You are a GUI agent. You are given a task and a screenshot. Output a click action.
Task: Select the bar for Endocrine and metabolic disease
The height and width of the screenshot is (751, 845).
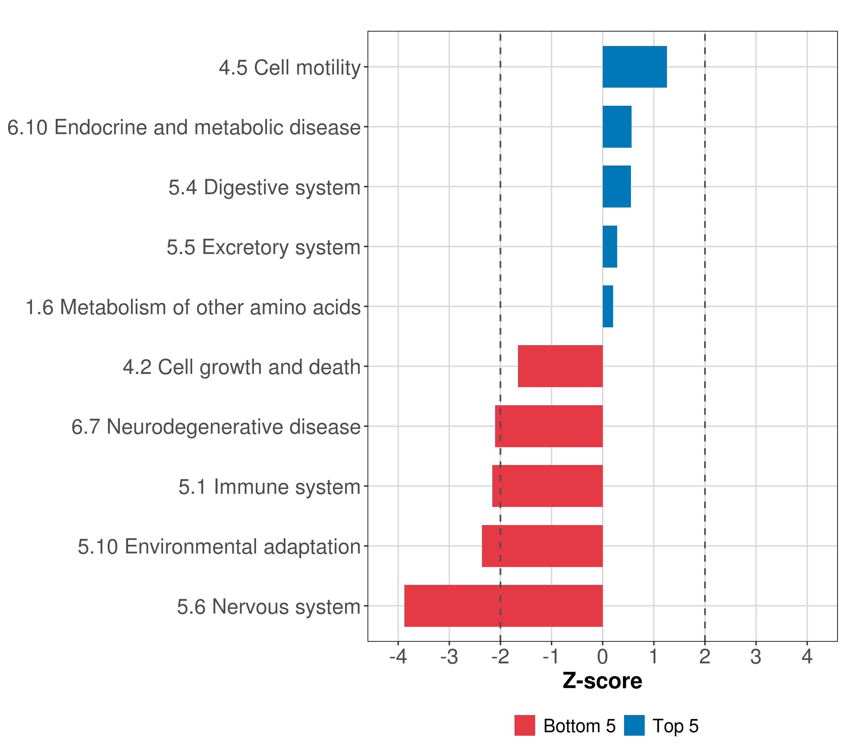click(x=617, y=127)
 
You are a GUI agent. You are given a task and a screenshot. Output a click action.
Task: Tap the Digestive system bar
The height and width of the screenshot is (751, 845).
click(x=617, y=186)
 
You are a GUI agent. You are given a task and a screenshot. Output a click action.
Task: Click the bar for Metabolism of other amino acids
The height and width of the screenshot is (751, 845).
click(x=608, y=306)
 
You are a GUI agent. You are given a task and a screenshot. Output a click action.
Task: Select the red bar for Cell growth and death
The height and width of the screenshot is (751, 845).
click(x=560, y=366)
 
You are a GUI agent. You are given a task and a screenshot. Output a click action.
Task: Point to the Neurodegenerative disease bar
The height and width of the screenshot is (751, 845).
click(x=549, y=426)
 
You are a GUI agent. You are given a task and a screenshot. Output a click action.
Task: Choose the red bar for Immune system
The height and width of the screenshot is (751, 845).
click(x=547, y=486)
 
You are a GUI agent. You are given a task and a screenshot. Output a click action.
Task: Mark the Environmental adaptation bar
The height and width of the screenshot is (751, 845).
click(x=542, y=546)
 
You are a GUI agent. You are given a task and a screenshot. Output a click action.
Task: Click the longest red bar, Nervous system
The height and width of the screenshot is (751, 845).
click(x=503, y=606)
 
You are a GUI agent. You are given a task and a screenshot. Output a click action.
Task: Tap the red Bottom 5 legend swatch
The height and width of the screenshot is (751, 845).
click(x=525, y=725)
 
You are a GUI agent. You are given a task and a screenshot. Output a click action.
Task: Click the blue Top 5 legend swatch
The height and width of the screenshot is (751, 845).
click(x=634, y=725)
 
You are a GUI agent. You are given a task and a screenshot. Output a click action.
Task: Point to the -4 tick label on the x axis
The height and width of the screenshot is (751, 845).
click(x=398, y=656)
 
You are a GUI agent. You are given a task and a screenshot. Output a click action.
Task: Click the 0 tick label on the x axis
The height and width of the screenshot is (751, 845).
click(x=602, y=656)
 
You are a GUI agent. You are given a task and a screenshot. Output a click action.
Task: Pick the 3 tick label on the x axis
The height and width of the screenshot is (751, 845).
click(x=756, y=656)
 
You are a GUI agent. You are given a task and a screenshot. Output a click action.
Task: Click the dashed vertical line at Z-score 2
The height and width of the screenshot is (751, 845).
click(x=705, y=289)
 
